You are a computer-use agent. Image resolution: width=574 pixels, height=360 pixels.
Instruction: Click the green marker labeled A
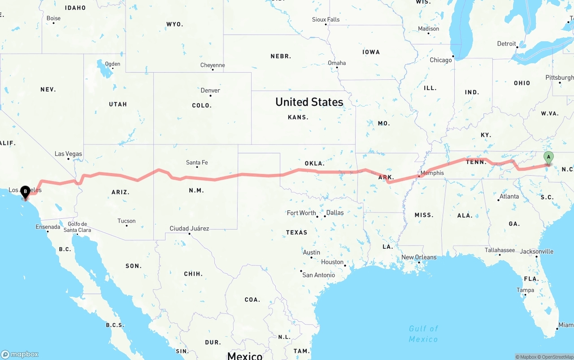(x=548, y=158)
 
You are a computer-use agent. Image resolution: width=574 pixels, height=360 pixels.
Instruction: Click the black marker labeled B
(x=26, y=192)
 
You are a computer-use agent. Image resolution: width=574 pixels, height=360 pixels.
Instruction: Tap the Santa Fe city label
(x=197, y=162)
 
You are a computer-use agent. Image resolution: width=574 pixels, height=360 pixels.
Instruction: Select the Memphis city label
(x=432, y=173)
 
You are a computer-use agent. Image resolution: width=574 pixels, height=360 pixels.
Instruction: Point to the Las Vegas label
(x=68, y=154)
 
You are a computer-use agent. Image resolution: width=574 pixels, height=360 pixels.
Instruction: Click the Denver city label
(x=210, y=90)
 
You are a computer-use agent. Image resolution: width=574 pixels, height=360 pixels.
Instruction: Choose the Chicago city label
(x=441, y=60)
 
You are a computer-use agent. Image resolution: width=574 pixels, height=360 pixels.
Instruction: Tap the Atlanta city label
(x=509, y=196)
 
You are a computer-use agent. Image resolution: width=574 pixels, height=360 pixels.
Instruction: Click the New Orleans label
(x=418, y=257)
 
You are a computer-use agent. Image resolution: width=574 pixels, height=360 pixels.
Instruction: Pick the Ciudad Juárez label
(x=189, y=228)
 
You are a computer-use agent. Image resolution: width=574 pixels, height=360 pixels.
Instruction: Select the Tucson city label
(x=126, y=221)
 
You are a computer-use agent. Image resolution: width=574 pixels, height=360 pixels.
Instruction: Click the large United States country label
(x=309, y=102)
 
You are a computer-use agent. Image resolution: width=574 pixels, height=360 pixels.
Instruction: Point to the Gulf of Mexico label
(x=423, y=334)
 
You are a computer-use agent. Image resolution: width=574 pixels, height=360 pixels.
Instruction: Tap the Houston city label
(x=332, y=262)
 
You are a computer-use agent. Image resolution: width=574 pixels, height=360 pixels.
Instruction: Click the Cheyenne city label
(x=213, y=65)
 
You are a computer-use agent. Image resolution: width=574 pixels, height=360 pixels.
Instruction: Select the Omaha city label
(x=337, y=63)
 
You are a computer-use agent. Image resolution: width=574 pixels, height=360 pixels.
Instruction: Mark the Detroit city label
(x=506, y=43)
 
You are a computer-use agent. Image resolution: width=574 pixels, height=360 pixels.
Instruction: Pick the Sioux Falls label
(x=326, y=19)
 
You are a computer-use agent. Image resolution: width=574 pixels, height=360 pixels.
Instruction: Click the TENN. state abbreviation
(x=476, y=162)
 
